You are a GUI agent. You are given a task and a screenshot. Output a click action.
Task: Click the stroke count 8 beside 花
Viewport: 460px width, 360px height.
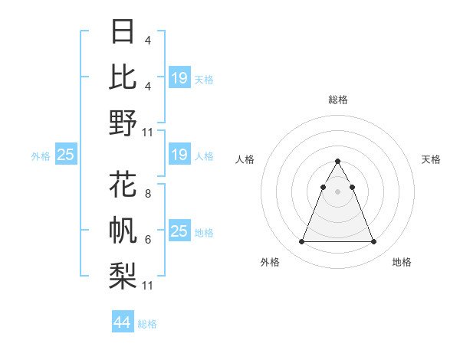click(147, 194)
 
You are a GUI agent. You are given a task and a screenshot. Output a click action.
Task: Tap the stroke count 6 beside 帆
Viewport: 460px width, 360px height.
click(147, 240)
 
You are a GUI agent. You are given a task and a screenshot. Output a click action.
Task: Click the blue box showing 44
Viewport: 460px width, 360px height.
click(123, 323)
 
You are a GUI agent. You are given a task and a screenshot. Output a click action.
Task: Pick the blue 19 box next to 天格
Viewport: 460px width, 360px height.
click(179, 77)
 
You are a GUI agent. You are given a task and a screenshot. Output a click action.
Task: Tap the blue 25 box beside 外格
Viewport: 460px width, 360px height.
click(65, 155)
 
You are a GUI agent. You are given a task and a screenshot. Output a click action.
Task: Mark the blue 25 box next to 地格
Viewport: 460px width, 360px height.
click(179, 231)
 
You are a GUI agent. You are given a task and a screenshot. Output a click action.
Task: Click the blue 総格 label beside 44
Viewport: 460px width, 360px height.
click(147, 324)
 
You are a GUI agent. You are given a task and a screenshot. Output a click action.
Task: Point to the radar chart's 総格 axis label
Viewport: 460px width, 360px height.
click(338, 100)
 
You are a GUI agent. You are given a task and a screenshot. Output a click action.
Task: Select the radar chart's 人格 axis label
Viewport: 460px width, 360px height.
click(245, 159)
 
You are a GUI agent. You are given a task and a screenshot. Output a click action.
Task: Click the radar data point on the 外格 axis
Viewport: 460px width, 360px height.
click(301, 242)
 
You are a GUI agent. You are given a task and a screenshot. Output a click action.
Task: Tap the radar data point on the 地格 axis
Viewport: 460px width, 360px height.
click(374, 242)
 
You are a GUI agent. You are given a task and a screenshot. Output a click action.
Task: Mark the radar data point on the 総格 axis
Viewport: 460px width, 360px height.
click(338, 162)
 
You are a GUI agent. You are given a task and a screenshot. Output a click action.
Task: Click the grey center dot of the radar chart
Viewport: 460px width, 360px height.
click(338, 191)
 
